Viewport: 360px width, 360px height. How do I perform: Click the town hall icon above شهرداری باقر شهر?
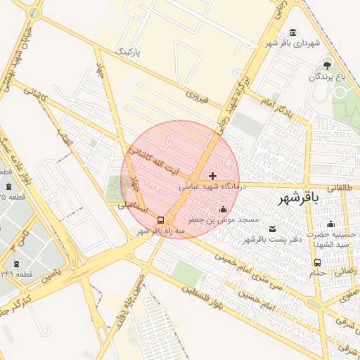coord(292,33)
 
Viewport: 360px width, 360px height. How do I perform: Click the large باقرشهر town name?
coord(298,198)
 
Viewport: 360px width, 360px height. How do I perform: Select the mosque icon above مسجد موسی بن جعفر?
coord(224,209)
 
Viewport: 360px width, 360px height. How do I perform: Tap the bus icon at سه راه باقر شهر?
coord(162,219)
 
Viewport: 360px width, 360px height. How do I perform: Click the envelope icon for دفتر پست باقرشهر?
coord(272,229)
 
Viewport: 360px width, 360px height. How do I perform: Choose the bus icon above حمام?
coord(317,263)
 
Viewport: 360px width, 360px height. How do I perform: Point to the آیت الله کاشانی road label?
coord(154,161)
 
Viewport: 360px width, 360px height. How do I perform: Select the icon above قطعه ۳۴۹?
coord(8,260)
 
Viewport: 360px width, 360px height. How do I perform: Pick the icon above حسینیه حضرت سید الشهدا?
coord(330,224)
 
